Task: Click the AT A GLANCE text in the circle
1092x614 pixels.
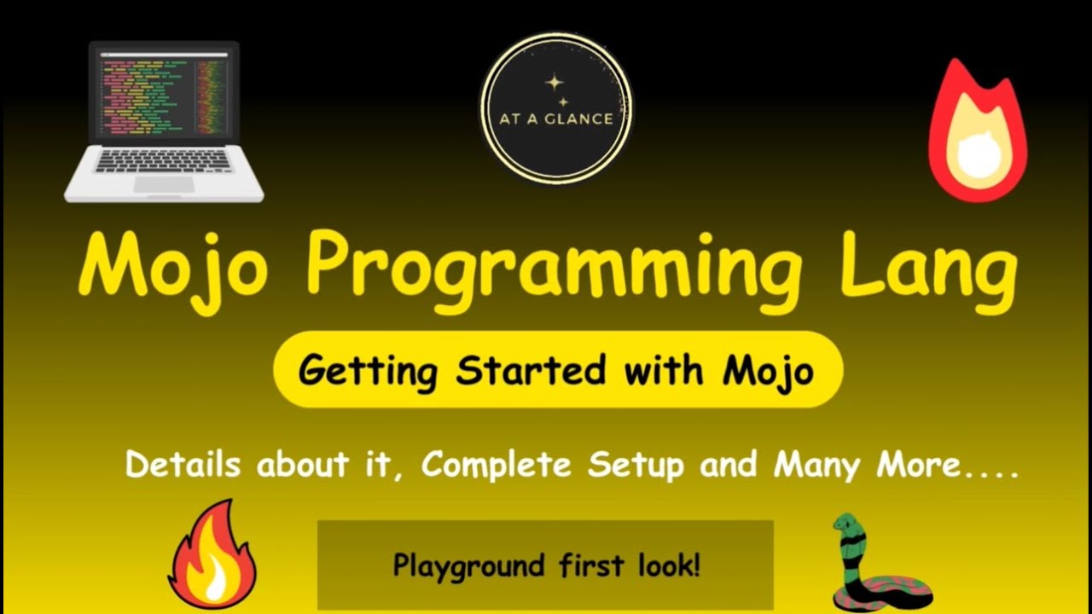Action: pos(555,119)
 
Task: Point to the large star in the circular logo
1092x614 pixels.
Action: pos(555,84)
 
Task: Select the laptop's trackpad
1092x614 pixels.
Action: pos(164,184)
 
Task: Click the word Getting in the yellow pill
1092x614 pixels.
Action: pos(368,372)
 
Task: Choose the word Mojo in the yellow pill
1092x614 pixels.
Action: pos(768,372)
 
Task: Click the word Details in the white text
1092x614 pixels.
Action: pos(183,466)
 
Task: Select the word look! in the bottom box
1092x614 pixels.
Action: pos(669,565)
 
